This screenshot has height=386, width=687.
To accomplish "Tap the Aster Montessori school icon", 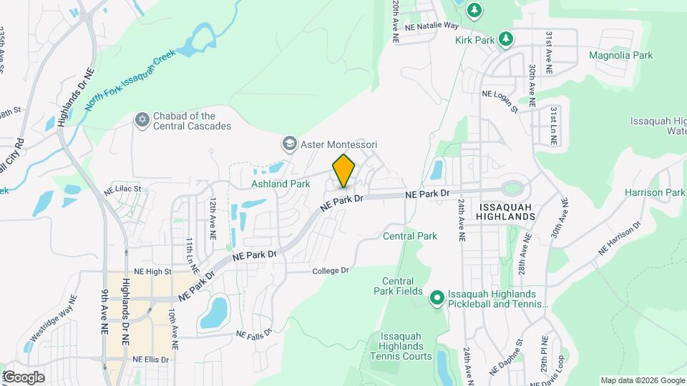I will (289, 144).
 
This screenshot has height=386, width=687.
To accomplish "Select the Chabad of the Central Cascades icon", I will (142, 119).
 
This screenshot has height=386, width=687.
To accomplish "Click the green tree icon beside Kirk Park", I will (506, 39).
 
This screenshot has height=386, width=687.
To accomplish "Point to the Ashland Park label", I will (281, 184).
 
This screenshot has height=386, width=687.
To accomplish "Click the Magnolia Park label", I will (620, 55).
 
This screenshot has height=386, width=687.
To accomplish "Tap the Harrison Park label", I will (654, 192).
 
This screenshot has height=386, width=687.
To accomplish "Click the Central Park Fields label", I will (399, 286).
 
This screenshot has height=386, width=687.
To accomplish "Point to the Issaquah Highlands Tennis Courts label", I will (406, 346).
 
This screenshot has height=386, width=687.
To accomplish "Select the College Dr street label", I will (330, 271).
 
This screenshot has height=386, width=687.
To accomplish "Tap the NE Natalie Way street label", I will (431, 25).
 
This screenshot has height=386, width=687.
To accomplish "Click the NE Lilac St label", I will (123, 189).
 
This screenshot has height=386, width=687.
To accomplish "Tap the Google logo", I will (24, 377).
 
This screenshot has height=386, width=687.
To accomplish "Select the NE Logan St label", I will (500, 101).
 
